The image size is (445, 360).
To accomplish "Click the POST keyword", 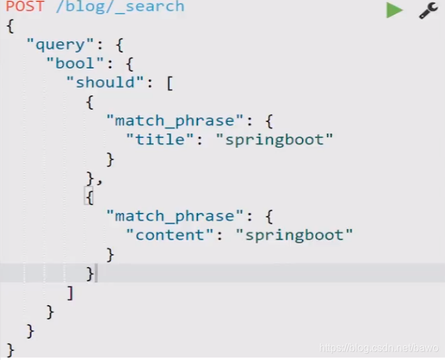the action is coord(25,7).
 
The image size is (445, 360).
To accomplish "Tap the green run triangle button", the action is coord(394,10).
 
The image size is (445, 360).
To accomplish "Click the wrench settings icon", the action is coord(428,10).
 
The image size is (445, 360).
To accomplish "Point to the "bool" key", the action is coord(75,63).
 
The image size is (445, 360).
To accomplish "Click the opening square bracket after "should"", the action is coord(169,83).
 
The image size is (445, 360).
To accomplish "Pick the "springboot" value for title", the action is coord(279,140).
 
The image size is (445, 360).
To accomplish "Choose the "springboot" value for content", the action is coord(299,235).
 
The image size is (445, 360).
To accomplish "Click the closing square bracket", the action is coord(70,293).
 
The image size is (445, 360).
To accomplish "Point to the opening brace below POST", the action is coord(10,26).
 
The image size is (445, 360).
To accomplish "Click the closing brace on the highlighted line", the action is coord(90,273).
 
